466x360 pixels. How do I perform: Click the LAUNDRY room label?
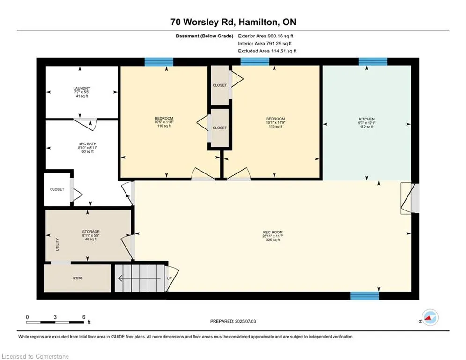[82, 88]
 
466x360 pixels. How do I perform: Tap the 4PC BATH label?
[88, 144]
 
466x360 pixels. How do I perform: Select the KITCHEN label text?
[366, 119]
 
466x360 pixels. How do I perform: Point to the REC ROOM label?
[273, 232]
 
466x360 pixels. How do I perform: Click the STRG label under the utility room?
[78, 278]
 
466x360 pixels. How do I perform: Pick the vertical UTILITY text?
[57, 244]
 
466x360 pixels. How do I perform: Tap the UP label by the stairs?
[170, 278]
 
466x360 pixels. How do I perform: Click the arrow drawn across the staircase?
[141, 278]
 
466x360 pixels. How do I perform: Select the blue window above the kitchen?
[373, 61]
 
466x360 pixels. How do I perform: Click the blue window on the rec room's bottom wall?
[365, 296]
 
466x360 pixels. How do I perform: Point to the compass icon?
[430, 318]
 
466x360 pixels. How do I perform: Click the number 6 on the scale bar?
[84, 317]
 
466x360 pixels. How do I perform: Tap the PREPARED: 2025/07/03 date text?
[233, 321]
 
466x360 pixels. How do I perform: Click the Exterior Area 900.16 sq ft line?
[266, 36]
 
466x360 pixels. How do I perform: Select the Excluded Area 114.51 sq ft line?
[267, 51]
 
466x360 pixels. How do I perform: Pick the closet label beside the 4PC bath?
[57, 189]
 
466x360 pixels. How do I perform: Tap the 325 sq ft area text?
[273, 240]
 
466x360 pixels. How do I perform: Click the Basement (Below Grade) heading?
[205, 36]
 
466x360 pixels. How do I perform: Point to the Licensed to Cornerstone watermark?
[35, 356]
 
